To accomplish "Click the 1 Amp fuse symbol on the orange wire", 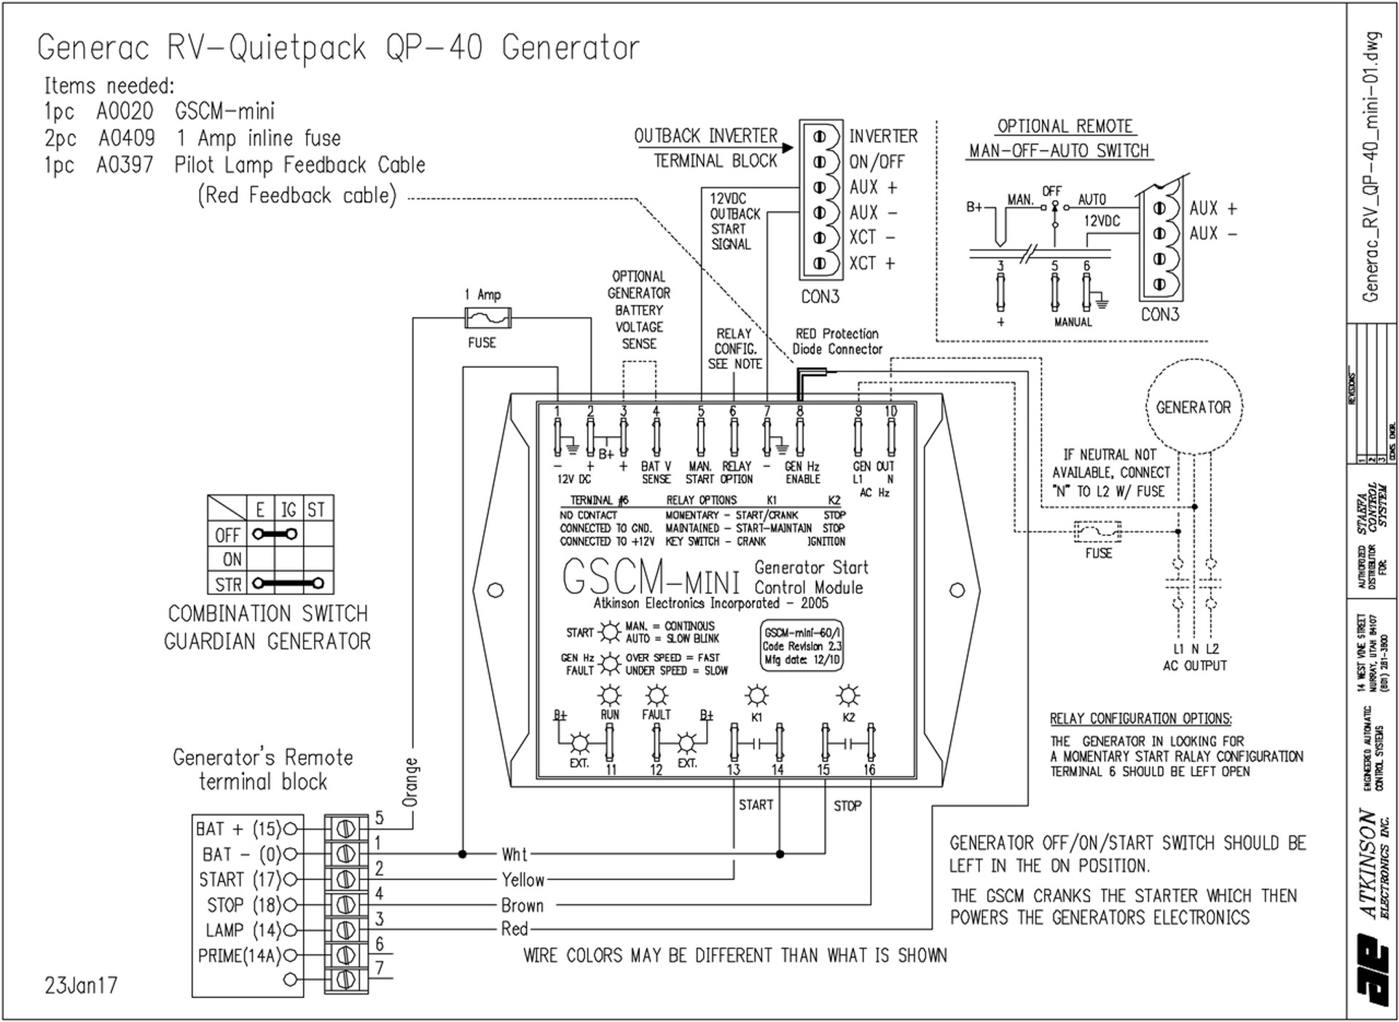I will point(487,318).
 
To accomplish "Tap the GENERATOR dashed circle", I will point(1193,407).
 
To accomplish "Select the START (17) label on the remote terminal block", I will point(239,880).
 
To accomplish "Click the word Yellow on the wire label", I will point(522,880).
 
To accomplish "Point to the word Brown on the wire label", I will point(522,905).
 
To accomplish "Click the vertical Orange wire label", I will point(411,782).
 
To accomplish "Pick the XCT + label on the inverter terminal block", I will point(871,263).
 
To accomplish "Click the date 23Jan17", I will point(81,986).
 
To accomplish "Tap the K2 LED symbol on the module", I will point(847,696).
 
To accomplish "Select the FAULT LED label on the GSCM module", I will point(656,715).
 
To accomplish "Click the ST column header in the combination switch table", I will point(316,509).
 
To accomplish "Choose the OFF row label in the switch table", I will point(227,535).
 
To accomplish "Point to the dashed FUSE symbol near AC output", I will point(1098,532).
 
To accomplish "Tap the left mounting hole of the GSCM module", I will point(495,590).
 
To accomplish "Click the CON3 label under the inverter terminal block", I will point(820,296).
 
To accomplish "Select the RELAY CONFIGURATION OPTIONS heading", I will point(1140,719).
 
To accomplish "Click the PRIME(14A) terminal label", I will point(239,956).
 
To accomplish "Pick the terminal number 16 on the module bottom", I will point(869,769).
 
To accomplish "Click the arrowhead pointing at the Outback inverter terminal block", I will point(788,148).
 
